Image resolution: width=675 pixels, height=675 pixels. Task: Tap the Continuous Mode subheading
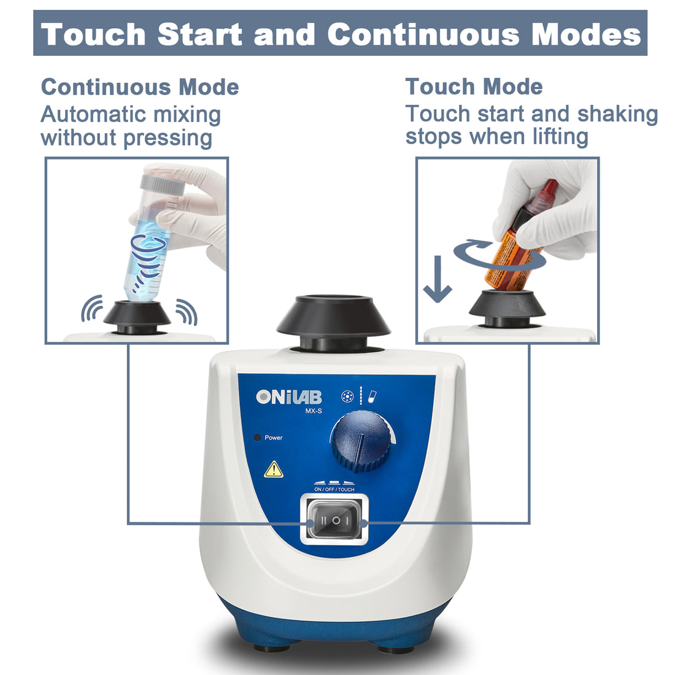(x=140, y=87)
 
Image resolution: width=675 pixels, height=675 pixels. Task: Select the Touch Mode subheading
(x=474, y=87)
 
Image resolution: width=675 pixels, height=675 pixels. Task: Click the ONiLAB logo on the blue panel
(x=289, y=398)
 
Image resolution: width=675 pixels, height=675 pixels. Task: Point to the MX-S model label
(x=314, y=412)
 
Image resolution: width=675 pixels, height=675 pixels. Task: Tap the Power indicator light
(x=257, y=438)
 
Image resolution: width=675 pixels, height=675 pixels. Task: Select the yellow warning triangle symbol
(x=273, y=470)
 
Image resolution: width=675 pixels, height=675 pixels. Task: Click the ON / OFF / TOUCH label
(x=334, y=489)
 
